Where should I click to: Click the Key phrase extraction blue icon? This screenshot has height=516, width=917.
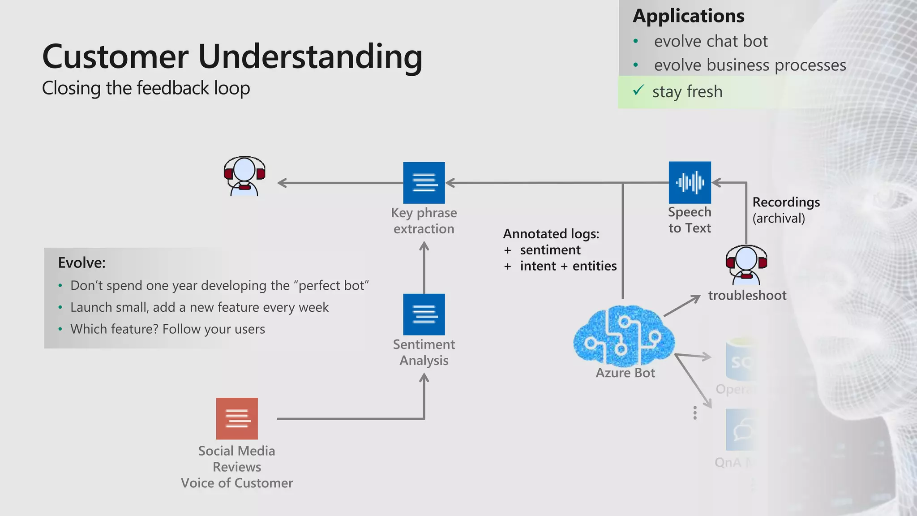click(424, 183)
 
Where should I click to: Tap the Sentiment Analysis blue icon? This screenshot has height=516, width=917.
click(424, 314)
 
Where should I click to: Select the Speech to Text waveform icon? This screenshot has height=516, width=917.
click(690, 183)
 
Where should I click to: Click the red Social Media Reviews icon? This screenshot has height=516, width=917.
click(237, 418)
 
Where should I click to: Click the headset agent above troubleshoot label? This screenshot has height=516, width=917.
click(746, 265)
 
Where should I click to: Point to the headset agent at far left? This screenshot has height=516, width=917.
click(244, 176)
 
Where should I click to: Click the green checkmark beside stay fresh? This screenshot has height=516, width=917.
click(638, 90)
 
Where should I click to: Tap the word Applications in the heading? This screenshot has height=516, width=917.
click(688, 16)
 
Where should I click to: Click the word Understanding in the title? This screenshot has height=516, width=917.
click(310, 57)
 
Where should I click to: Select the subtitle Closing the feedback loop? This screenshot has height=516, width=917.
click(146, 88)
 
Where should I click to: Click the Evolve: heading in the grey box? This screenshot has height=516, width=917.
click(82, 263)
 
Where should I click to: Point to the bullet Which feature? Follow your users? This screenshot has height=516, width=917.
click(167, 329)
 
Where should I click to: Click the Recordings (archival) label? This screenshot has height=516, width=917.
click(785, 210)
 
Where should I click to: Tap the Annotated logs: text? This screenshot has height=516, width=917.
click(551, 234)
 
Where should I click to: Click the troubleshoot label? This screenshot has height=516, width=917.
click(747, 296)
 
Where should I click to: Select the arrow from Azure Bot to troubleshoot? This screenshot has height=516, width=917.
click(682, 306)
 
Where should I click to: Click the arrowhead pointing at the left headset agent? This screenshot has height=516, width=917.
click(282, 183)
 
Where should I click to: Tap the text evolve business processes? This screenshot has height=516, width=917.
click(750, 65)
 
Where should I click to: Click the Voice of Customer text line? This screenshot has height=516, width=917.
click(237, 483)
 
